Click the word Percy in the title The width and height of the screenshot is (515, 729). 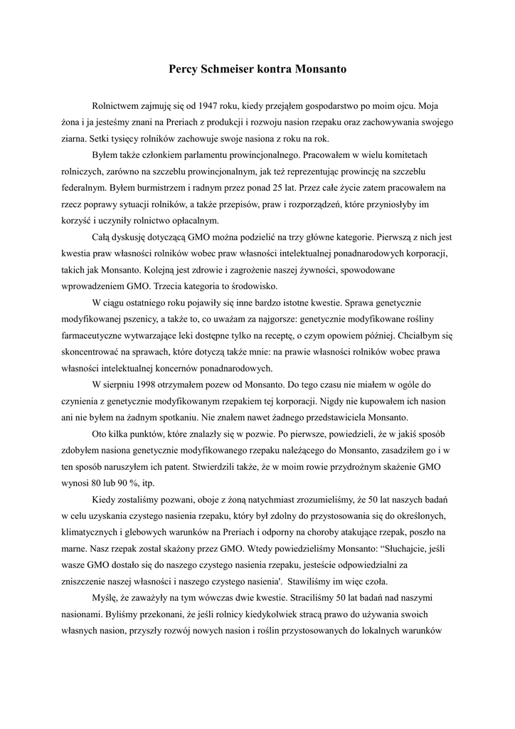click(x=183, y=70)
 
